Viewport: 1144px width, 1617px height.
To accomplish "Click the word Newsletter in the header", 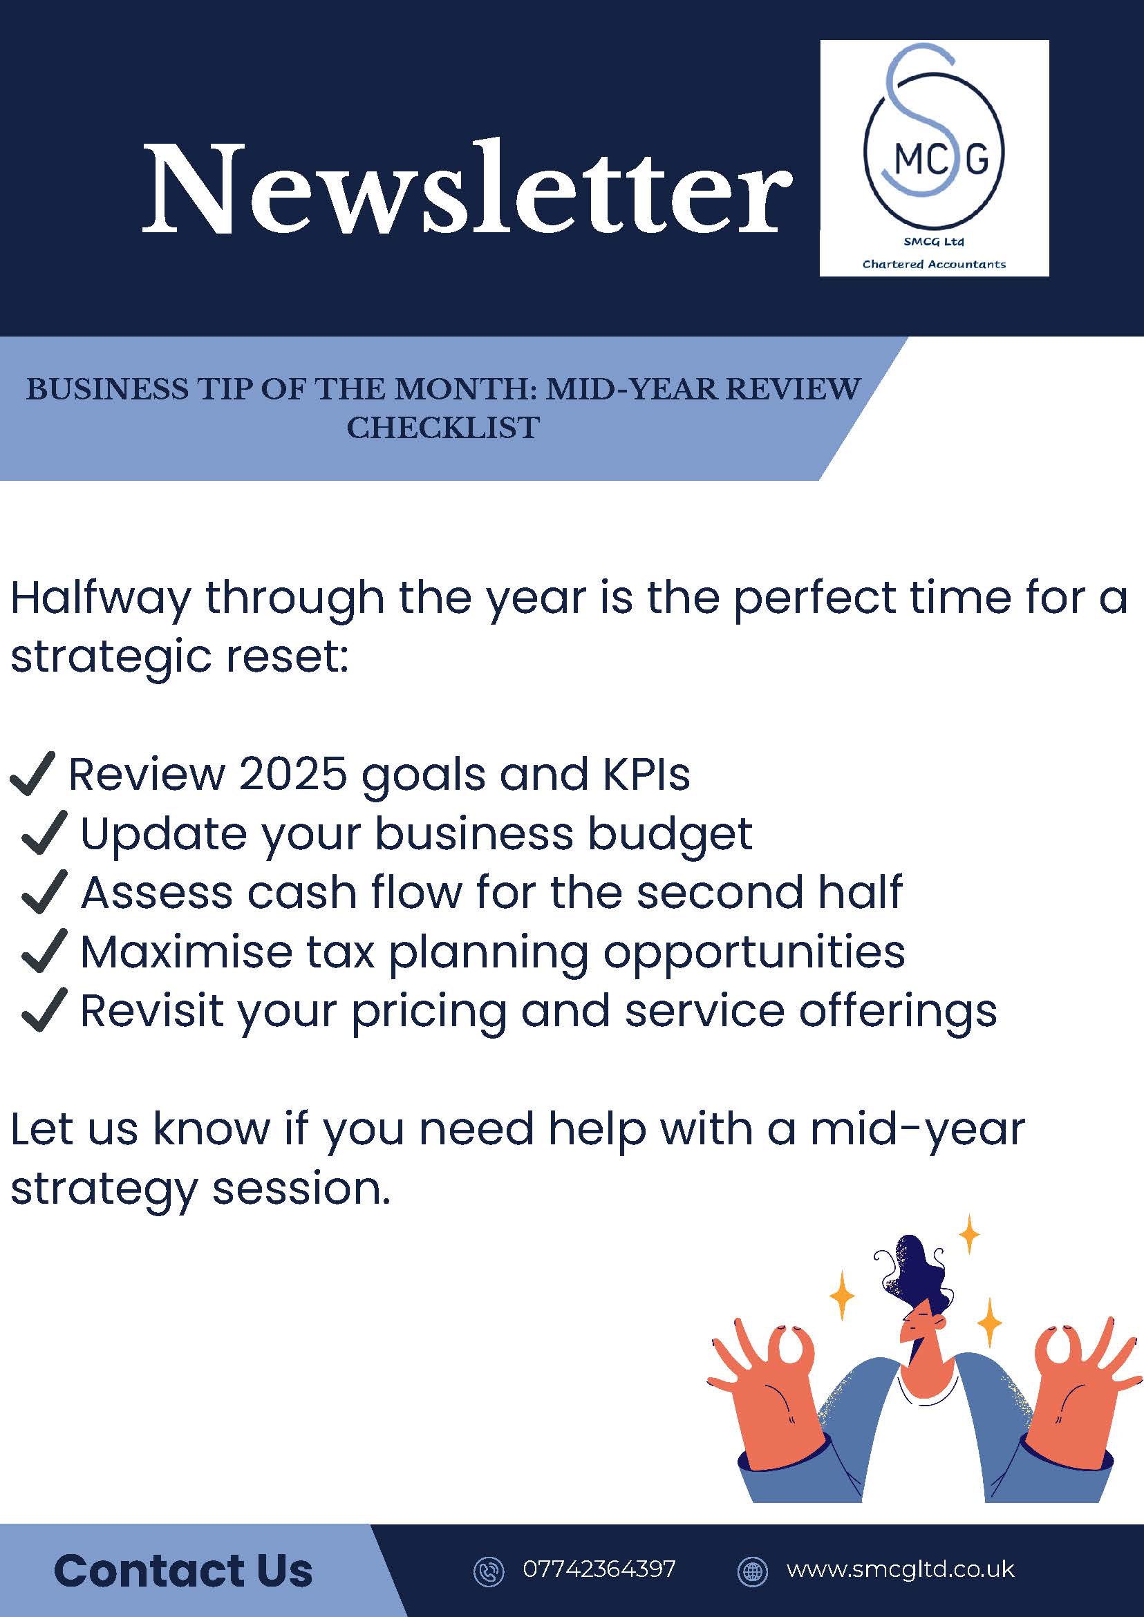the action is (468, 188).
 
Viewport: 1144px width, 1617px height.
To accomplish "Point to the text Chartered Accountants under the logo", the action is (934, 264).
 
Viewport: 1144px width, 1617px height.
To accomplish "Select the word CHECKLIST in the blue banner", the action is (443, 428).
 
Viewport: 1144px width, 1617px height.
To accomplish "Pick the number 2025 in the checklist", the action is (293, 774).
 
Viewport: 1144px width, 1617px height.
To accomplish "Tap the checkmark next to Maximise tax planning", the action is (44, 951).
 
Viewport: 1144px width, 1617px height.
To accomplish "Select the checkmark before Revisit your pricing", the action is (44, 1010).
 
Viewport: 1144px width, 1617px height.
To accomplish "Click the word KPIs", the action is (646, 774).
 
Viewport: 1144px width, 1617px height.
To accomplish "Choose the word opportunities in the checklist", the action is (753, 954).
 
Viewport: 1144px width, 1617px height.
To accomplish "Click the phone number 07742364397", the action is (599, 1569).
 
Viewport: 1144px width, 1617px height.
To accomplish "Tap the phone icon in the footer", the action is (488, 1571).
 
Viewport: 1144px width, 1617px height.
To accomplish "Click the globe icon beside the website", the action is (752, 1571).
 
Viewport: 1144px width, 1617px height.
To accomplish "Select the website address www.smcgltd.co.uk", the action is (900, 1569).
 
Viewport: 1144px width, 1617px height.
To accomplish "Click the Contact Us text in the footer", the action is (183, 1571).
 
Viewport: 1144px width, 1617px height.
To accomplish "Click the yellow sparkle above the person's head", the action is (970, 1234).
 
